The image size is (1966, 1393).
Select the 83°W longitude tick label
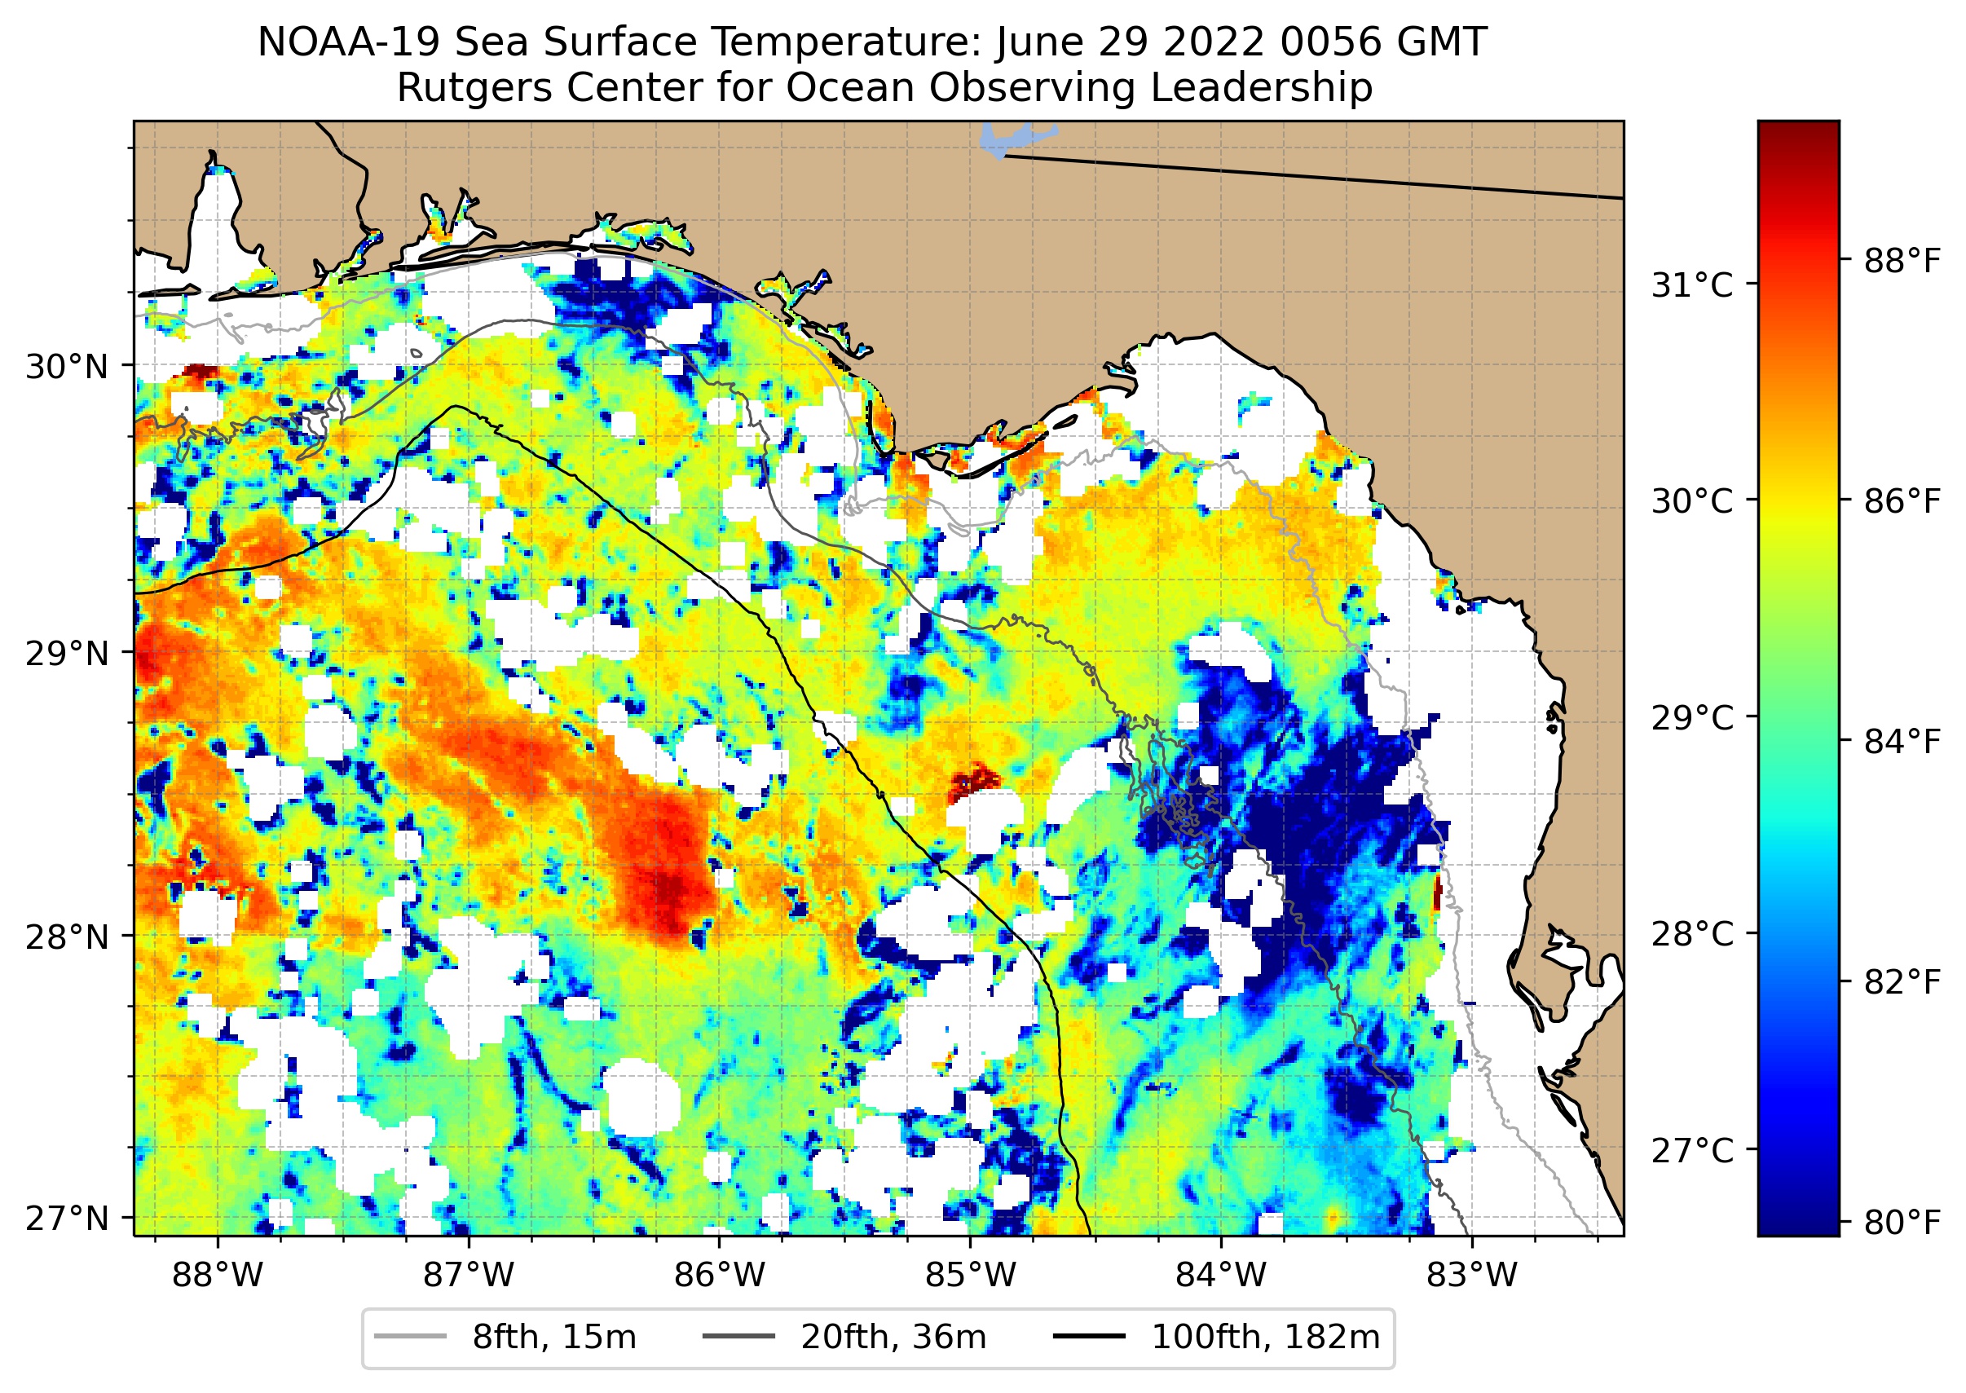[x=1472, y=1276]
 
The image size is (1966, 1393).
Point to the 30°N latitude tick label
[x=67, y=367]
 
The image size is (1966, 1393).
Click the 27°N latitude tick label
[x=67, y=1218]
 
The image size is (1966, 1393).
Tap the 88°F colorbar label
[x=1902, y=261]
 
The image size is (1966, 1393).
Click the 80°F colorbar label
[x=1902, y=1222]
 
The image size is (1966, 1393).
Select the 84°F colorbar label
[x=1902, y=741]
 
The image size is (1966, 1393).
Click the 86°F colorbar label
[x=1902, y=501]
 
